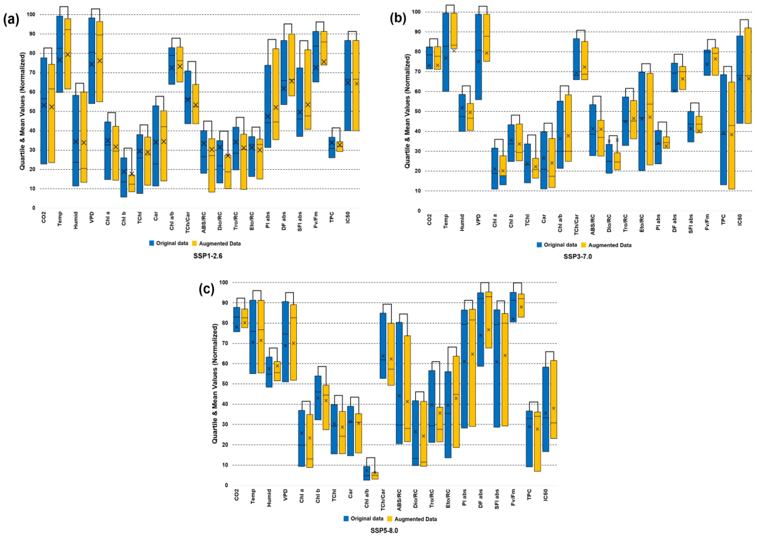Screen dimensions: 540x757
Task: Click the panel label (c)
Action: [x=207, y=289]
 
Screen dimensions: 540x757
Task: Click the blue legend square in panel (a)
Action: [x=152, y=243]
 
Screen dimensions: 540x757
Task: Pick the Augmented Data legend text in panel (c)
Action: [x=415, y=519]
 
